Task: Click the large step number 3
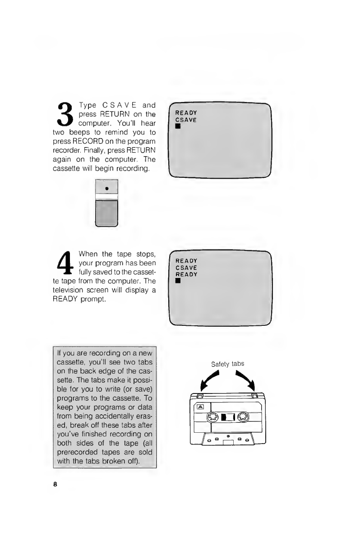[65, 114]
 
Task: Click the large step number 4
[65, 263]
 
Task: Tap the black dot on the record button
[107, 189]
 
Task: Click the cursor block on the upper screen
[178, 126]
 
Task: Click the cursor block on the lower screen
[178, 281]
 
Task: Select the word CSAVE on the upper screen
[186, 120]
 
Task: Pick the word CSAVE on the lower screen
[186, 268]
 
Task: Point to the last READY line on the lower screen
[186, 274]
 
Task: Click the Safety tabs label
[228, 364]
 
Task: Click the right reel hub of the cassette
[243, 417]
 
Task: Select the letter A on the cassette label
[200, 407]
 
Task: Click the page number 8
[55, 484]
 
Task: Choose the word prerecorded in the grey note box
[78, 452]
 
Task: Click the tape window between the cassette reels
[228, 417]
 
